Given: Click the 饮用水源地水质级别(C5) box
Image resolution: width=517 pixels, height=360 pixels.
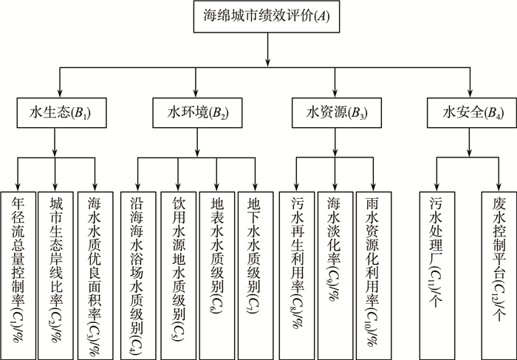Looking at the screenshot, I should click(178, 271).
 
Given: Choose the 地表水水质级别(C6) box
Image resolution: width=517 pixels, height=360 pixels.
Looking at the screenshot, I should click(216, 271).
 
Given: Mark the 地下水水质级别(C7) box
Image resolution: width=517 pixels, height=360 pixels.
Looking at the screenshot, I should click(255, 271).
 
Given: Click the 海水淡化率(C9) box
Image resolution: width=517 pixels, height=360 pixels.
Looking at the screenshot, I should click(336, 271).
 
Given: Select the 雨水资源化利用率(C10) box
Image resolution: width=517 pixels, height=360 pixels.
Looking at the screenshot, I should click(374, 271).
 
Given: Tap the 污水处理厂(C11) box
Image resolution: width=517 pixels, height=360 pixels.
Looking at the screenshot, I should click(436, 271).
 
